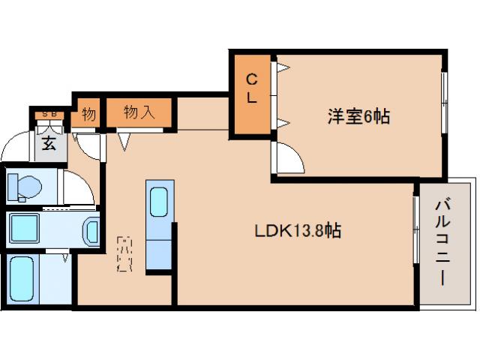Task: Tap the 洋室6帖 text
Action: pyautogui.click(x=358, y=116)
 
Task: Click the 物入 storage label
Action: pyautogui.click(x=139, y=114)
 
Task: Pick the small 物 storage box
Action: pyautogui.click(x=88, y=115)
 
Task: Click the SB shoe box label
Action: pyautogui.click(x=49, y=113)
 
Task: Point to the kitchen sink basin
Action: pyautogui.click(x=159, y=201)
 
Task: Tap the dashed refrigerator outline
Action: pyautogui.click(x=125, y=254)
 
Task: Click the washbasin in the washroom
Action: pyautogui.click(x=91, y=232)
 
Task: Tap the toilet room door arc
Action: pyautogui.click(x=77, y=187)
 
